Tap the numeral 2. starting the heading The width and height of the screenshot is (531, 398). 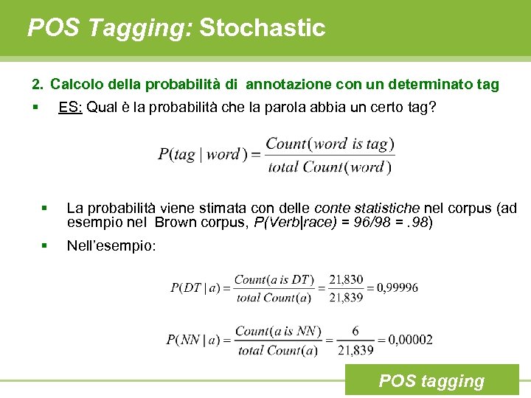38,85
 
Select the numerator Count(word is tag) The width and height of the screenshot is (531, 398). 330,144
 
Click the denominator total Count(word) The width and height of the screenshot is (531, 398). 330,167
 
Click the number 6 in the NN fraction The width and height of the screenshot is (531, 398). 355,332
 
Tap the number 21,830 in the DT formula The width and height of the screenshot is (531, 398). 346,279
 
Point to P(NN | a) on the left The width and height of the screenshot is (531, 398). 193,340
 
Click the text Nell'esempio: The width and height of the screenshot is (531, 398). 111,246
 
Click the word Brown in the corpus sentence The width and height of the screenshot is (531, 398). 176,223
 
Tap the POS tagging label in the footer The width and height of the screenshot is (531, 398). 431,381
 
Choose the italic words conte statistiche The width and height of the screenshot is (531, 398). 357,209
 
